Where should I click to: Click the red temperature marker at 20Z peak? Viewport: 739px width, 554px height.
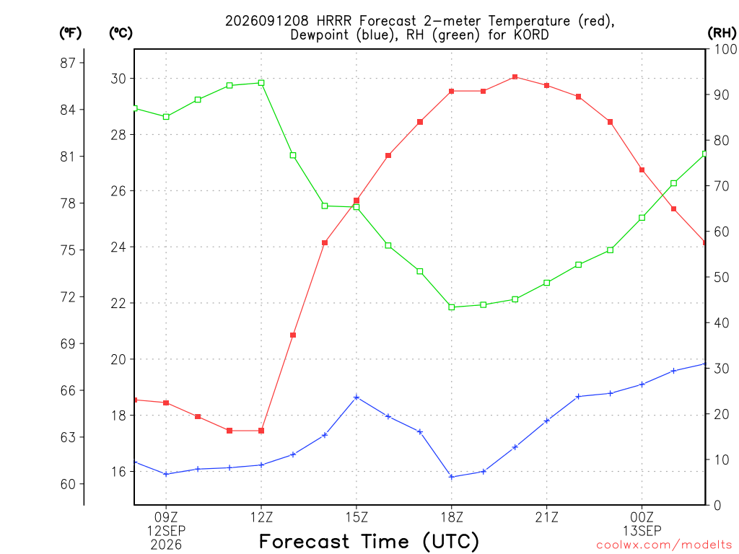click(515, 76)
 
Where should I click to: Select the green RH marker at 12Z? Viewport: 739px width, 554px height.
click(261, 83)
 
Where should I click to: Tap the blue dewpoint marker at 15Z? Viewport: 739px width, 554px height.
click(357, 397)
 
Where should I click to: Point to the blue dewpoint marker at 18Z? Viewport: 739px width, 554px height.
click(452, 477)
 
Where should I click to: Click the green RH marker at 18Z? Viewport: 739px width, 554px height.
click(452, 307)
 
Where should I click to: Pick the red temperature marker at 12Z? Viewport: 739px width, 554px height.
click(261, 431)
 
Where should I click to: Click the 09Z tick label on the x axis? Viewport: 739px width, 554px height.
click(166, 517)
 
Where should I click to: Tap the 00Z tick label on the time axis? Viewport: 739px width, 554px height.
click(642, 517)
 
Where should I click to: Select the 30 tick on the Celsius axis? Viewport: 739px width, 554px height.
click(119, 78)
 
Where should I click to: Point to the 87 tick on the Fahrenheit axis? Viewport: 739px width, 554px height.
click(68, 63)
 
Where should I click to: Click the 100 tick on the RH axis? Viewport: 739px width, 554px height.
click(725, 49)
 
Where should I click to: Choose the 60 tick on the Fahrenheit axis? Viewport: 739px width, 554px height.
click(68, 484)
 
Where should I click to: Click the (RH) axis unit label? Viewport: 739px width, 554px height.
click(722, 33)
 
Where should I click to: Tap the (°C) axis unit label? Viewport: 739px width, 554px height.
click(121, 33)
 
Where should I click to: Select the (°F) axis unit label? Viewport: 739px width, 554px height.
click(70, 33)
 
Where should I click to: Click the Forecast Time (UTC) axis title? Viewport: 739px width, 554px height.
click(369, 542)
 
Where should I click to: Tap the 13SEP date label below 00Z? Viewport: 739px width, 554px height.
click(642, 531)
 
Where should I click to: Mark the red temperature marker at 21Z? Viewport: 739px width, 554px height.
click(547, 85)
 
